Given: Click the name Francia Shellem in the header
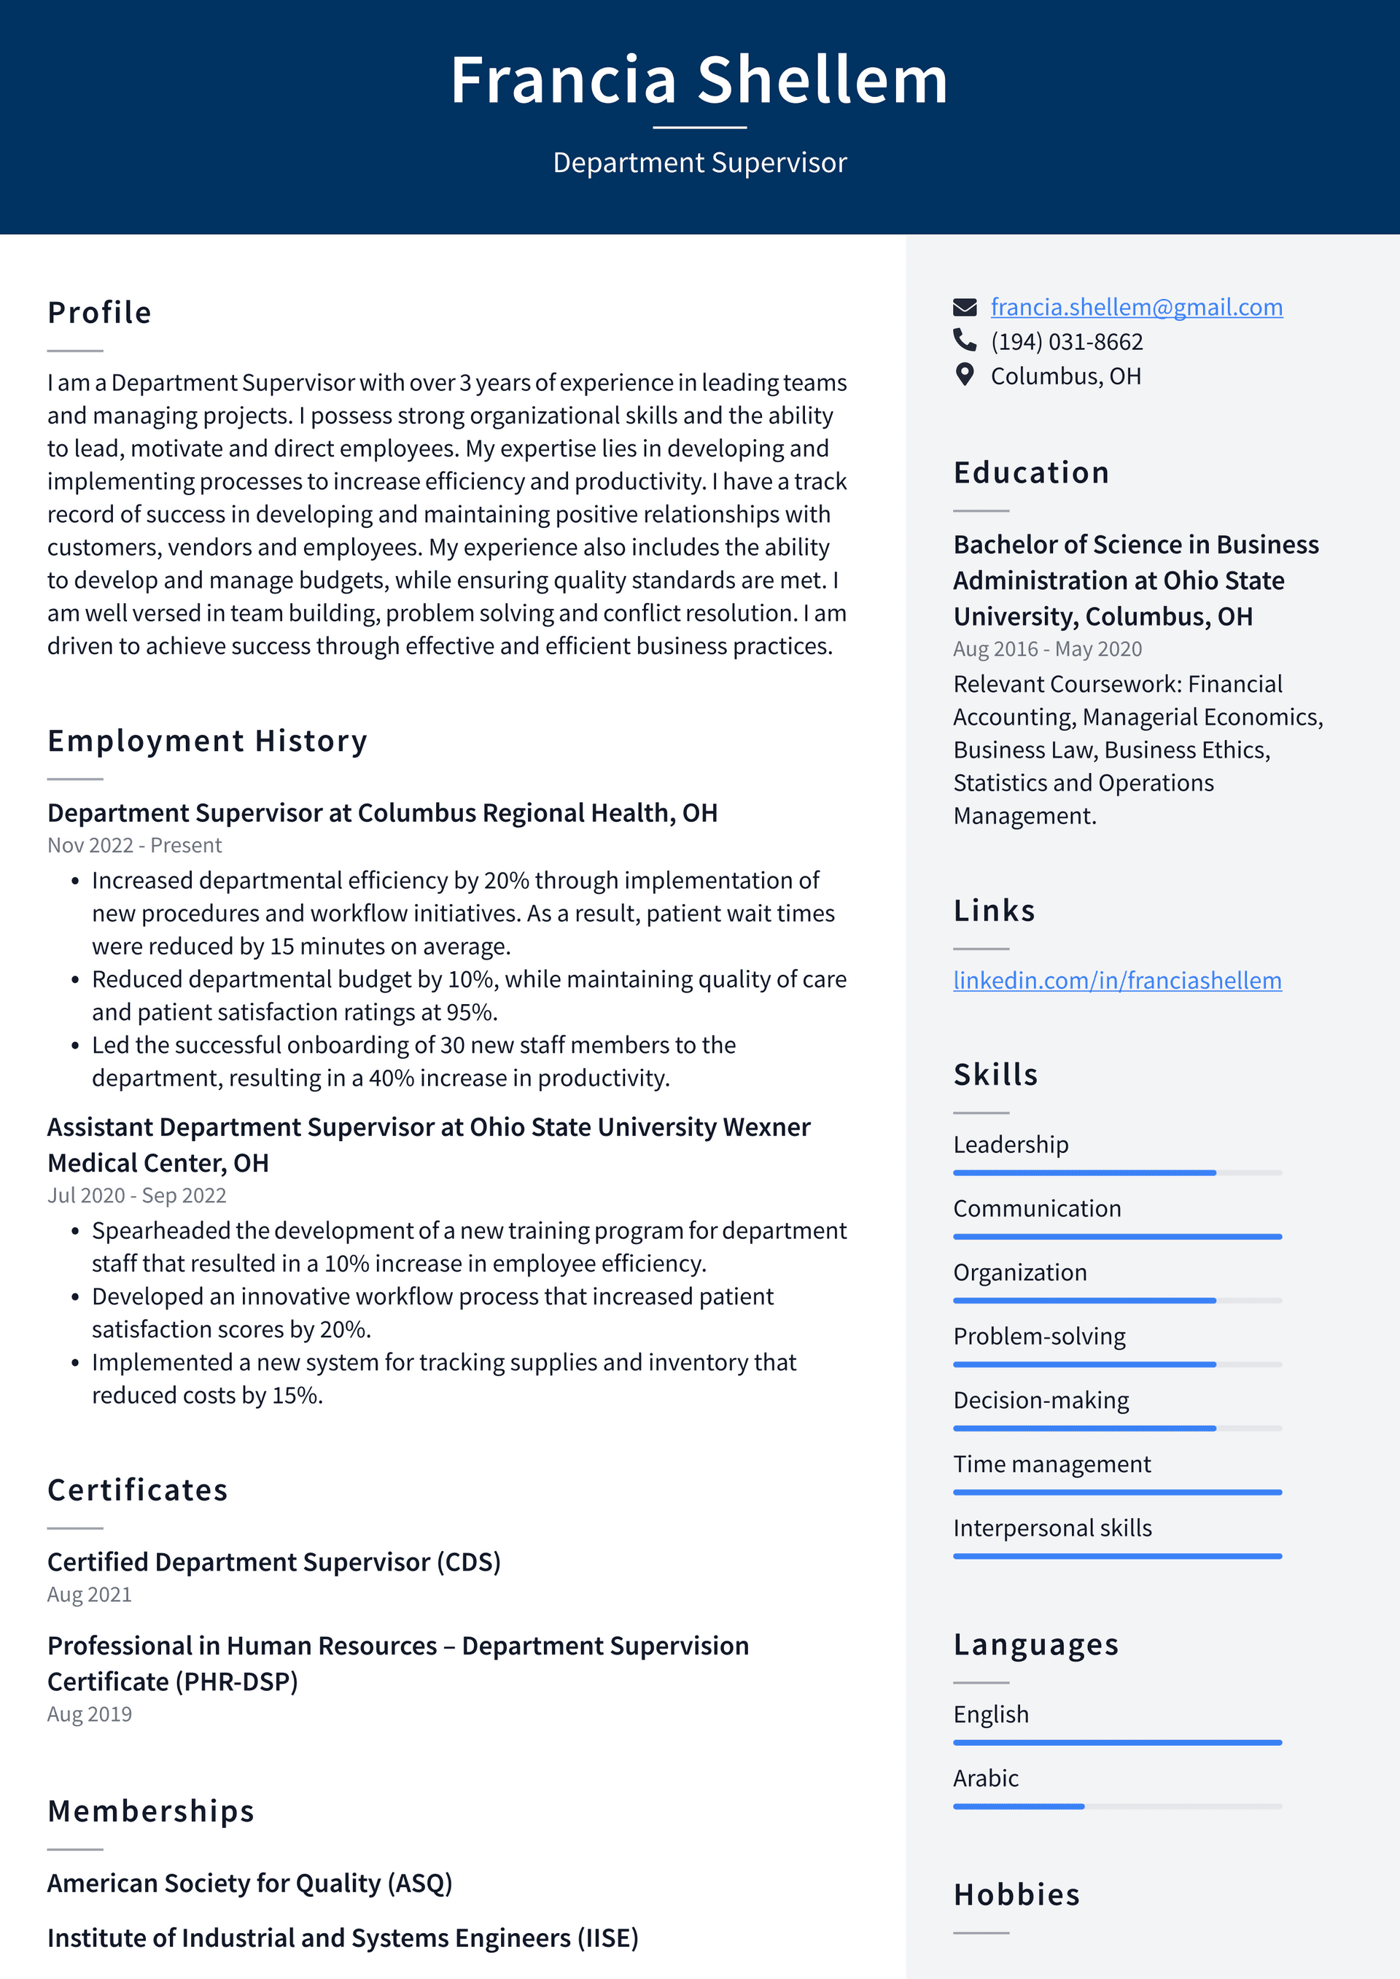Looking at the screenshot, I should tap(699, 80).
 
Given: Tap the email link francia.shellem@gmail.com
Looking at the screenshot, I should tap(1136, 307).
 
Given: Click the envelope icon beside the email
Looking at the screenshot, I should tap(965, 307).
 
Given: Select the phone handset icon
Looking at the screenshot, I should tap(965, 341).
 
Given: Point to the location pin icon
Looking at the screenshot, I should tap(965, 375).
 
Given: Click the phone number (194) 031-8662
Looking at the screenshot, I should tap(1066, 342).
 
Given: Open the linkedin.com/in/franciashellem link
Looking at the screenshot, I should tap(1116, 980).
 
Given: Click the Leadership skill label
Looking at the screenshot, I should tap(1011, 1145).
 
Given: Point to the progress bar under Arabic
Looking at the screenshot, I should tap(1116, 1805).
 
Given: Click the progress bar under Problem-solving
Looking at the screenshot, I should tap(1116, 1364).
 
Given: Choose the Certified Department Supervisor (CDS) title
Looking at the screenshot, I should tap(274, 1562).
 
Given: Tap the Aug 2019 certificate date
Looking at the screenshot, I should tap(90, 1714).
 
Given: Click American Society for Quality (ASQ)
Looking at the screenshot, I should tap(250, 1883).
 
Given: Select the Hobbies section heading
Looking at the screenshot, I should tap(1016, 1894).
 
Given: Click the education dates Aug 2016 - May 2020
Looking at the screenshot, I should tap(1046, 649).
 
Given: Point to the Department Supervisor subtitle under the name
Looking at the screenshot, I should tap(699, 163).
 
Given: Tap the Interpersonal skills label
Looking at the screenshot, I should tap(1051, 1528).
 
